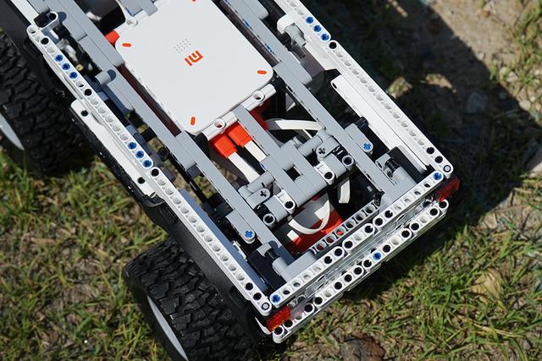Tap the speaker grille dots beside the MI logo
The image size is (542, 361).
(x=182, y=45)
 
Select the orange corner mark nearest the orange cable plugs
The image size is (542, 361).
(x=192, y=121)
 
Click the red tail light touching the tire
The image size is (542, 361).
(x=278, y=317)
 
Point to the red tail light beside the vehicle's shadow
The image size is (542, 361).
(x=448, y=189)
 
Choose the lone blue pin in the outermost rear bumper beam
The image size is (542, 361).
(x=377, y=255)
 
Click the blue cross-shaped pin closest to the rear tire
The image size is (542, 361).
(x=248, y=234)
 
